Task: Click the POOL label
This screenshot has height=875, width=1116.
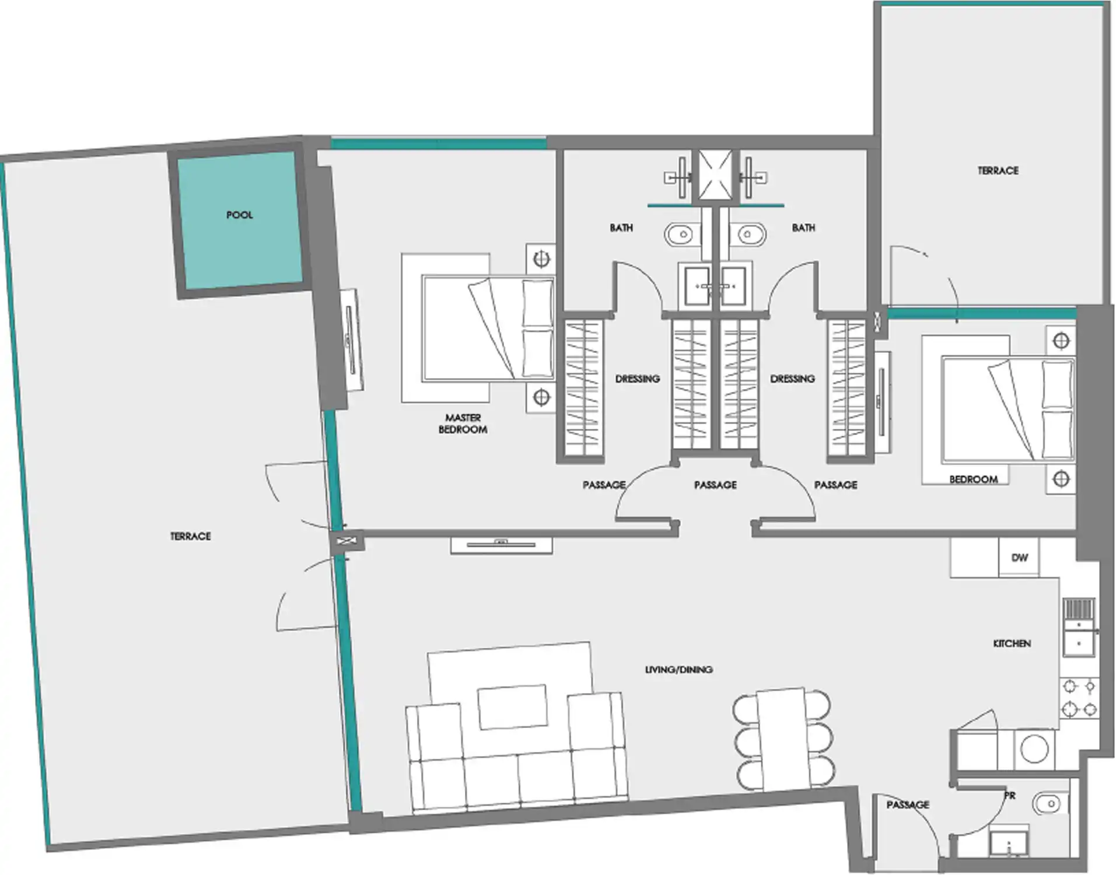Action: pos(240,215)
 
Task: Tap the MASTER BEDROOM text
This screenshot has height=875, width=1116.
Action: pos(463,423)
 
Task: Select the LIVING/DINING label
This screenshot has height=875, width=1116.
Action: pos(678,670)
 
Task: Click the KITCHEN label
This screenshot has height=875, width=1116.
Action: pos(1012,643)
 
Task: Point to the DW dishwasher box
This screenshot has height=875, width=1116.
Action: pos(1019,558)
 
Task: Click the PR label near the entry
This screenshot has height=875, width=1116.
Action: pos(1010,796)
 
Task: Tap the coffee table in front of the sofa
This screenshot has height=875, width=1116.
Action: pos(513,707)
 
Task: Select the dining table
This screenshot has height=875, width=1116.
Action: pos(782,740)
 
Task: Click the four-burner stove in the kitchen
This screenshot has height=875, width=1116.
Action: pos(1079,698)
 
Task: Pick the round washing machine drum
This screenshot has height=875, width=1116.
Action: pos(1034,749)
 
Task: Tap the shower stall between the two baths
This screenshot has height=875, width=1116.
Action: pos(715,175)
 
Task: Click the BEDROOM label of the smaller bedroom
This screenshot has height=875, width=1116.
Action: pos(973,480)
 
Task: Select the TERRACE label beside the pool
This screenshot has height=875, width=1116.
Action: pos(190,536)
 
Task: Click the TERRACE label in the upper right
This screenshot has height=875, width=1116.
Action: pos(998,170)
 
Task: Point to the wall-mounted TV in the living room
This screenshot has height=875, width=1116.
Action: pos(501,545)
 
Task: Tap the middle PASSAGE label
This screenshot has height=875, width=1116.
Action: pos(715,485)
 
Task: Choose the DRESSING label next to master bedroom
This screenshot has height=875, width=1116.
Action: pos(638,379)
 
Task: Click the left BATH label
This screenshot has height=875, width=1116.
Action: pos(621,228)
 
